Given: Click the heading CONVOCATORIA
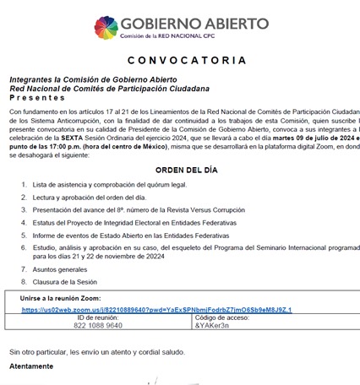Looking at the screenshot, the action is pyautogui.click(x=180, y=61).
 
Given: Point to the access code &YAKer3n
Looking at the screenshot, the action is pyautogui.click(x=212, y=325).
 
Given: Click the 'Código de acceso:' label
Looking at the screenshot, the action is pyautogui.click(x=222, y=317).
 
